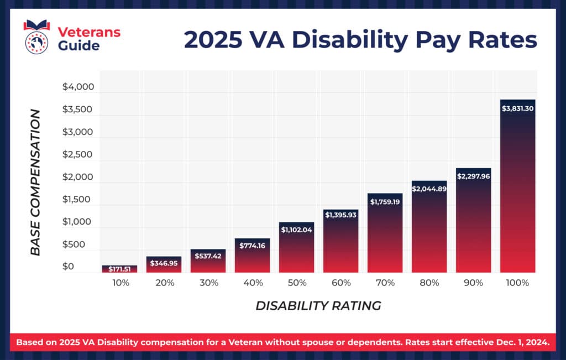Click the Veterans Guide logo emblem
click(x=36, y=36)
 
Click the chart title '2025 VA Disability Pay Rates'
click(x=360, y=40)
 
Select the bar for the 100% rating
click(x=517, y=188)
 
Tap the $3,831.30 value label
click(x=517, y=109)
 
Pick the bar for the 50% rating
click(x=296, y=249)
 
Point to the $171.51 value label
click(x=119, y=269)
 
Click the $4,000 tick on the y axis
click(x=79, y=87)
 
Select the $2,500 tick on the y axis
click(x=79, y=155)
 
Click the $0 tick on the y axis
click(x=68, y=267)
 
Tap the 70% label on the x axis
click(x=385, y=283)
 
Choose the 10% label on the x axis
click(x=120, y=283)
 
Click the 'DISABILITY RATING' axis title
click(x=318, y=306)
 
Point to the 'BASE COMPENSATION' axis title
click(x=35, y=182)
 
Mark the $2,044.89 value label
click(x=429, y=189)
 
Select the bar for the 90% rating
click(x=473, y=221)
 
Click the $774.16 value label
click(x=252, y=246)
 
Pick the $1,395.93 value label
click(x=340, y=214)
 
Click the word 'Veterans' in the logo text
click(x=89, y=32)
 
